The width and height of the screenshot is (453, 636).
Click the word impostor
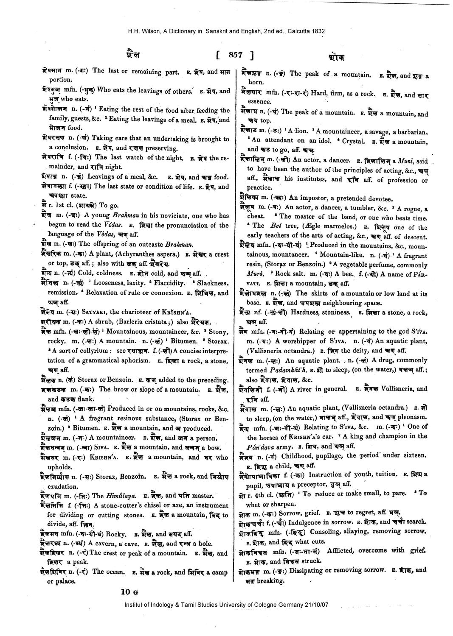327,198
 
